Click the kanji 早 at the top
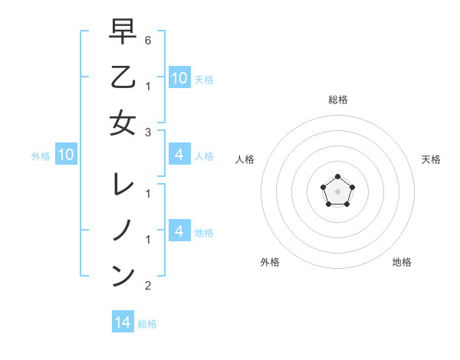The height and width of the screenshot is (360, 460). click(123, 31)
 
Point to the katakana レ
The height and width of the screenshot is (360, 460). click(123, 185)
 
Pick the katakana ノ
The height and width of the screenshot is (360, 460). click(123, 230)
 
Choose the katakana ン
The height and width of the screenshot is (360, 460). click(123, 276)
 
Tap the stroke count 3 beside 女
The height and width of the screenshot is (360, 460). click(148, 132)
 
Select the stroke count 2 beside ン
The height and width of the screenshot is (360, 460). click(148, 286)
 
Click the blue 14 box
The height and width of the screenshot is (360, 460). click(123, 322)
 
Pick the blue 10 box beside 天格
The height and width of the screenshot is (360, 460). click(179, 77)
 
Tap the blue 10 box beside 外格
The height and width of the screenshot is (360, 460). click(66, 155)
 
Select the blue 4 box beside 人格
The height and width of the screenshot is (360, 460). click(179, 155)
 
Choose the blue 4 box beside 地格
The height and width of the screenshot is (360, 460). click(179, 231)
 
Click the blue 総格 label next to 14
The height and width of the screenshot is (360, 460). click(147, 324)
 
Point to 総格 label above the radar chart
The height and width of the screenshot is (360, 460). click(337, 100)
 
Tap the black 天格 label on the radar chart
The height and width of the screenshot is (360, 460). click(431, 159)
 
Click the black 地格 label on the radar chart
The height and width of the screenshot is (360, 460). click(402, 262)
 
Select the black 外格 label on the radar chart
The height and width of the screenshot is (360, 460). click(270, 262)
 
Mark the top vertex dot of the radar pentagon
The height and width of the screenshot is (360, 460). click(337, 177)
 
